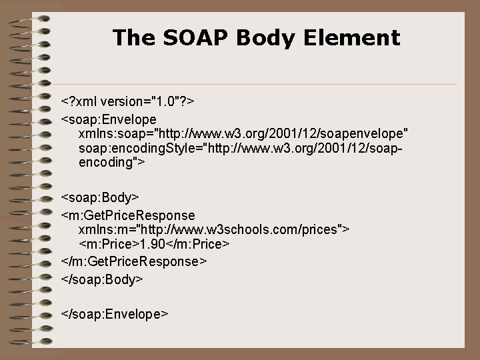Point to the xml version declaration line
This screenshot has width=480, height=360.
(127, 102)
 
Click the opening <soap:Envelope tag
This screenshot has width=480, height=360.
(109, 119)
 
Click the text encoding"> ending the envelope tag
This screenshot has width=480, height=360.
(113, 162)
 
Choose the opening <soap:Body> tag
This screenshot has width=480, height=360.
(100, 198)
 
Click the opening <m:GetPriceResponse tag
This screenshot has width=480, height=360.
(128, 215)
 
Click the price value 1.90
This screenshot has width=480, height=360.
(151, 245)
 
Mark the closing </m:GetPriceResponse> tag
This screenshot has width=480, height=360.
(133, 261)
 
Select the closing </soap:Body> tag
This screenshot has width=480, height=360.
(102, 277)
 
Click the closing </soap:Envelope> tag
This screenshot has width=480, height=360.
(114, 313)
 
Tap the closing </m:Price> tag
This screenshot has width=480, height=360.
(197, 245)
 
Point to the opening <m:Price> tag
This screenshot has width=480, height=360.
(109, 245)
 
